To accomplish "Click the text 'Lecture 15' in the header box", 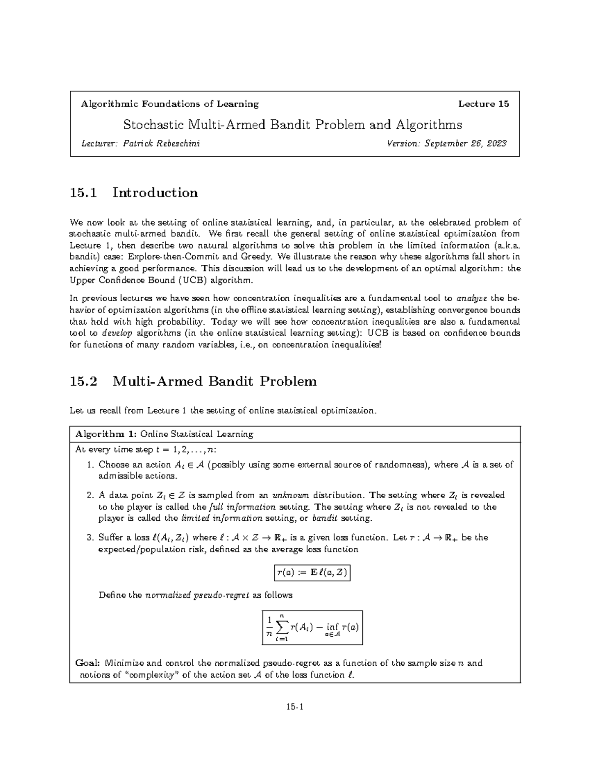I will [x=483, y=104].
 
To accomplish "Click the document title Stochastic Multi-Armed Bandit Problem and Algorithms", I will [x=293, y=125].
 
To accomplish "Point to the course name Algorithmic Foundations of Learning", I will [x=170, y=104].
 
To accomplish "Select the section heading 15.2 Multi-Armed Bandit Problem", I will [x=194, y=381].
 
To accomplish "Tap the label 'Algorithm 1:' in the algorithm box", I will [x=106, y=434].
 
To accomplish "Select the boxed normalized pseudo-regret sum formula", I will [x=313, y=627].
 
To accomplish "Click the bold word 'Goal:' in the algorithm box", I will [x=88, y=663].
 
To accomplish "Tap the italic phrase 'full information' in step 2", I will [x=242, y=507].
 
